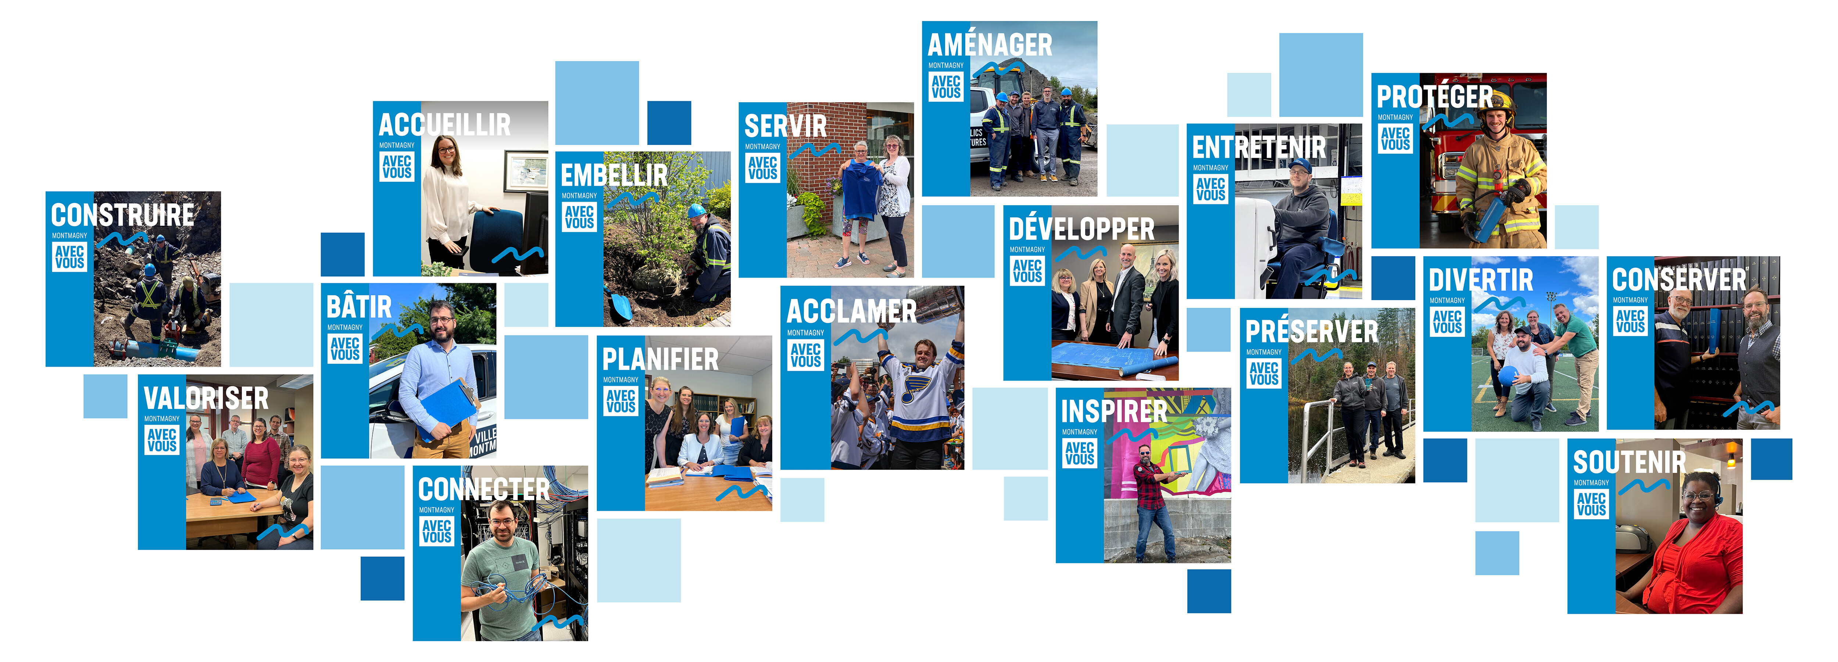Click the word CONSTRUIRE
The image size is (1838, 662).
click(x=123, y=215)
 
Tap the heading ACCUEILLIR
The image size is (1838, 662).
click(x=444, y=125)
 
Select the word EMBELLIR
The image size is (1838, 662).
click(x=614, y=175)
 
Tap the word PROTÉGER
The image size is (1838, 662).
click(x=1434, y=96)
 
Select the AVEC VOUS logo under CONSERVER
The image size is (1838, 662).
click(x=1630, y=321)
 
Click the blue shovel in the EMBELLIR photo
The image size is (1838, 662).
click(x=619, y=307)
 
